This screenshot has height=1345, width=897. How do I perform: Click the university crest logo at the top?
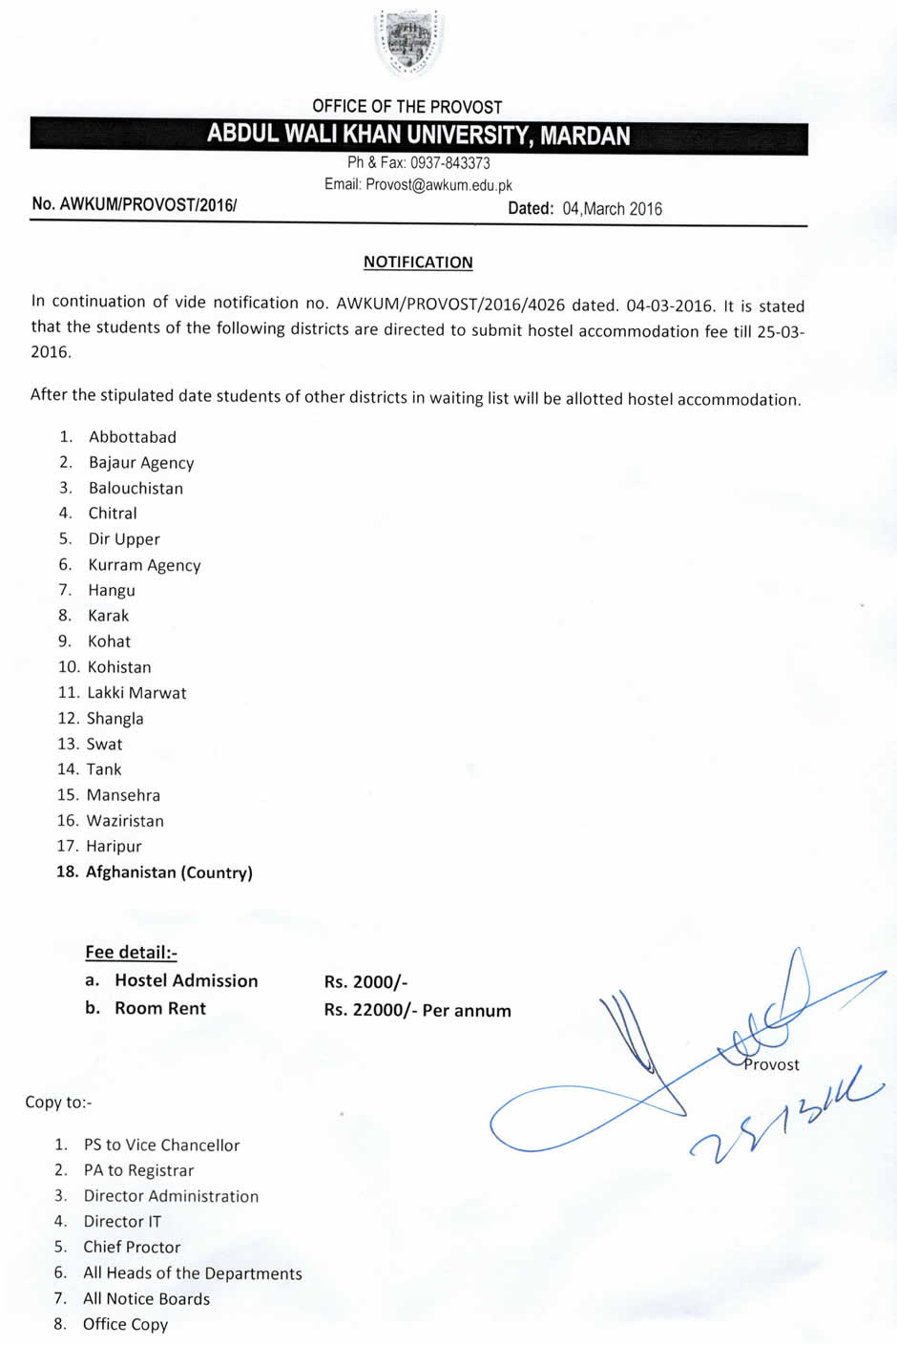408,42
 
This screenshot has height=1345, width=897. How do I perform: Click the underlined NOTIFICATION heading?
418,262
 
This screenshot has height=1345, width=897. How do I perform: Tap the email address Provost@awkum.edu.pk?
438,184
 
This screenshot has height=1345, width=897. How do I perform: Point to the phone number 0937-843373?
449,163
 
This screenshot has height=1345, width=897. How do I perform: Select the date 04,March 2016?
612,208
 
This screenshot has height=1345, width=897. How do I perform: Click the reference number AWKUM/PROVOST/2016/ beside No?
147,204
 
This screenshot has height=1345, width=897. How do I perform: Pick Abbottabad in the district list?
132,437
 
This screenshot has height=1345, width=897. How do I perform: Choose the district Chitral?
113,514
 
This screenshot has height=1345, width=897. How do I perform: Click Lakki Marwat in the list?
136,693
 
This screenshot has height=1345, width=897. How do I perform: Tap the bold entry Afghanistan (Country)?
169,872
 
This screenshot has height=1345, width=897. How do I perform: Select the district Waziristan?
125,821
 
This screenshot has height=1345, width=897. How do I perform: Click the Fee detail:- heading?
131,952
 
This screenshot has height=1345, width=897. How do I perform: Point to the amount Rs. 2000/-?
365,982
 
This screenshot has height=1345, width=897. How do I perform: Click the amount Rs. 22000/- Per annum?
417,1010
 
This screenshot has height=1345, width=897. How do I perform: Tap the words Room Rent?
160,1008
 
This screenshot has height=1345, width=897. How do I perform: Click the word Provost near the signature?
771,1064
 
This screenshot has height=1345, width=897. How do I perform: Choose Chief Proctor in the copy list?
132,1247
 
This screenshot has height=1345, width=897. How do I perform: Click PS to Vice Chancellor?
161,1145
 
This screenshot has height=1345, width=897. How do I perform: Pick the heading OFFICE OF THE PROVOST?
407,107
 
